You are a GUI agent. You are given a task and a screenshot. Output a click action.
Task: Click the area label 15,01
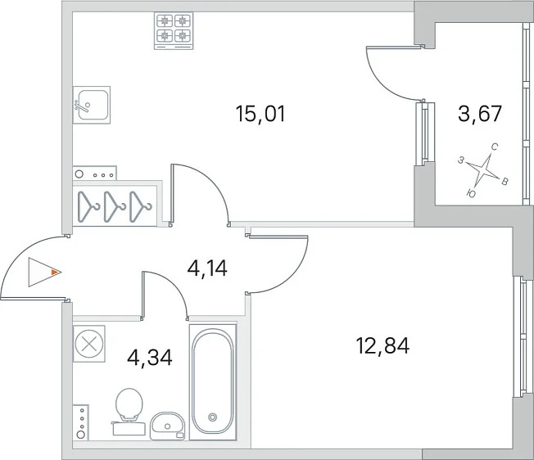point(260,114)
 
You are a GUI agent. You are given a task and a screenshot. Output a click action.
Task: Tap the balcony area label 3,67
point(479,113)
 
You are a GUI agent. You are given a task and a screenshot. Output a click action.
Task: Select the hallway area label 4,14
point(207,268)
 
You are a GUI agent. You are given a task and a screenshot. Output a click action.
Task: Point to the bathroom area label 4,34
point(150,357)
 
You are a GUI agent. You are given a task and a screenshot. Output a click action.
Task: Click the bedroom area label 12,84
point(382,345)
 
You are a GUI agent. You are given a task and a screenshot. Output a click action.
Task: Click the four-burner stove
point(174,31)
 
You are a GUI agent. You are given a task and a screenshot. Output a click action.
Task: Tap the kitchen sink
point(92,105)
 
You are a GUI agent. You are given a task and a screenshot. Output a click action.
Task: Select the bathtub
point(213,381)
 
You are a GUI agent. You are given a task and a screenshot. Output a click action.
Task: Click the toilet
point(129,412)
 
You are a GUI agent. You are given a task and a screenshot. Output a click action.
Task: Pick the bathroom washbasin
point(168,426)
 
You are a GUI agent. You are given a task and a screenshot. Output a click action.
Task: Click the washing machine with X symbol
point(89,344)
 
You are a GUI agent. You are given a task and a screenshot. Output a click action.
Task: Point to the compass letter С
point(495,147)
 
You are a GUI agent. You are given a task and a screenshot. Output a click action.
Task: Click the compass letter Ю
point(471,194)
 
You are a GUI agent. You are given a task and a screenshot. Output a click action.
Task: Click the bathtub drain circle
point(213,417)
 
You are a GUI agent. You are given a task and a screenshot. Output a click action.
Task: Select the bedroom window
point(523,337)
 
